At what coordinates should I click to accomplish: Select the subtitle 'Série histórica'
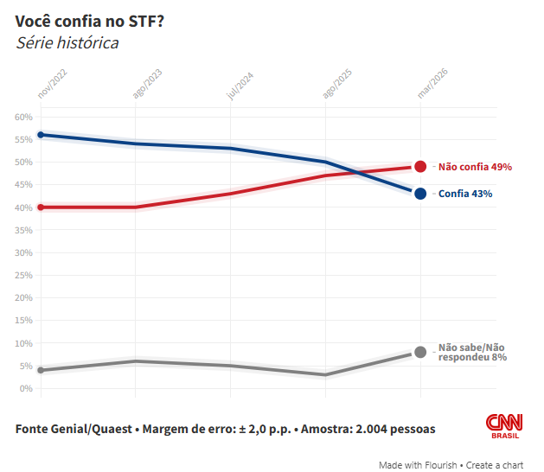tap(67, 42)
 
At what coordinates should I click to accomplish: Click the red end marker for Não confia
tap(420, 166)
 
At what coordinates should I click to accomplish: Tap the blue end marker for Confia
tap(420, 194)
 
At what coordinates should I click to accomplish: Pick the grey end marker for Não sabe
tap(420, 352)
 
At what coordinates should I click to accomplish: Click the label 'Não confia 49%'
tap(476, 167)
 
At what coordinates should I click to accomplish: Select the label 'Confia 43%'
tap(465, 194)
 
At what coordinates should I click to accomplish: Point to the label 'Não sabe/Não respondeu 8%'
tap(472, 351)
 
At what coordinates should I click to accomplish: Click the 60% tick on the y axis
tap(23, 117)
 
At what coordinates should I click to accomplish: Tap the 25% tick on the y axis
tap(23, 275)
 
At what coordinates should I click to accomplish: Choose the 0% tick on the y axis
tap(26, 388)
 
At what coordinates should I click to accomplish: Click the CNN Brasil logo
tap(503, 424)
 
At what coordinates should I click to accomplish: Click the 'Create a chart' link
tap(496, 465)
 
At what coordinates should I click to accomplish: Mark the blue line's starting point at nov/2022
tap(41, 135)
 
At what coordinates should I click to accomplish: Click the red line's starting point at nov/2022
tap(41, 207)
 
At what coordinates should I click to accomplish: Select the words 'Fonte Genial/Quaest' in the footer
tap(74, 429)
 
